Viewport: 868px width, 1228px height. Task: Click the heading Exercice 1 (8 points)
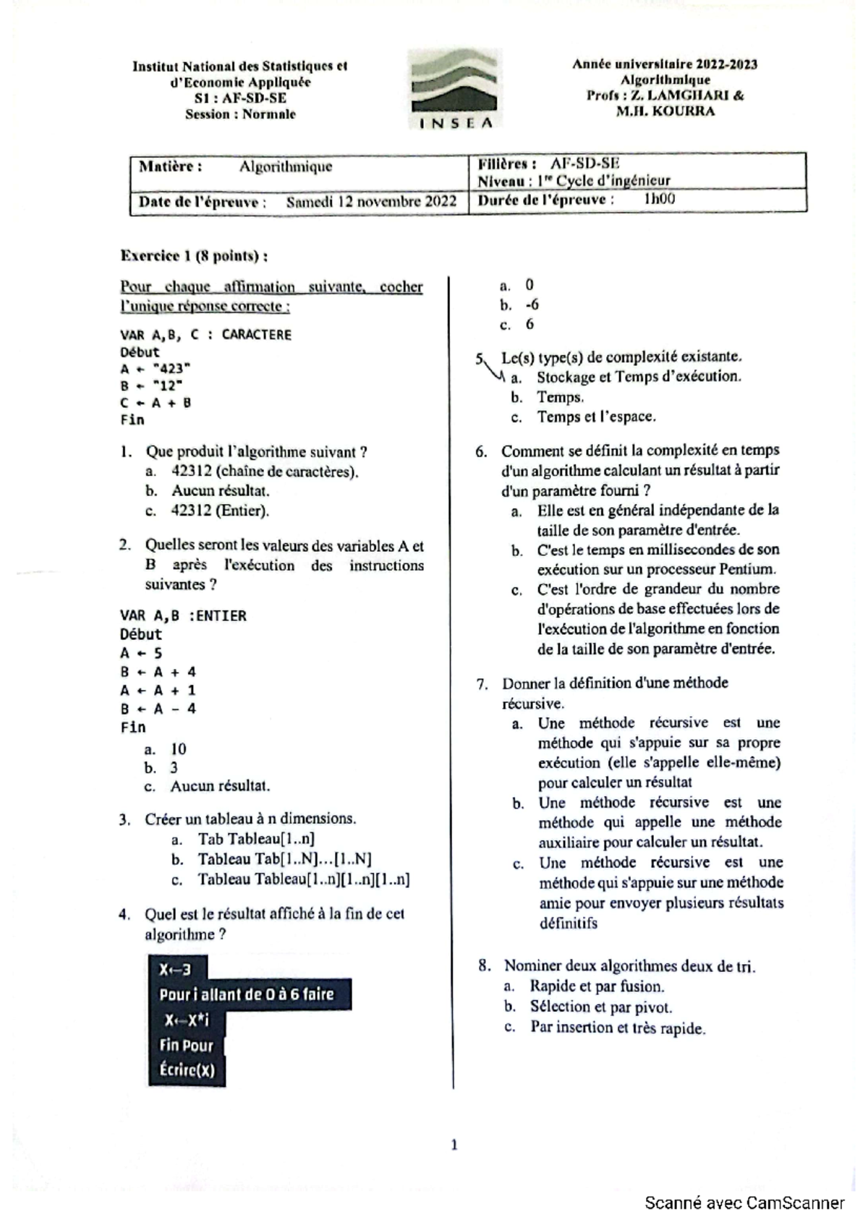click(194, 255)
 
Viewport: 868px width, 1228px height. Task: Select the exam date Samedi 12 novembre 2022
click(371, 202)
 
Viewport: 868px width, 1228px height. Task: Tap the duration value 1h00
click(659, 199)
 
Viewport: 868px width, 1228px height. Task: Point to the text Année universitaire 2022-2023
click(665, 64)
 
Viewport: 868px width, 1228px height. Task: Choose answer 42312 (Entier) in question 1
click(220, 511)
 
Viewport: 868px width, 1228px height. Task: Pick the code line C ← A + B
click(156, 403)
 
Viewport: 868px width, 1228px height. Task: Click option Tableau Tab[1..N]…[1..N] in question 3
click(284, 859)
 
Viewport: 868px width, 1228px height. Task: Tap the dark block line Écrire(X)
click(187, 1070)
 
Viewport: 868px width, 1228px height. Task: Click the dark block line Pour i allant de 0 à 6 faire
click(247, 994)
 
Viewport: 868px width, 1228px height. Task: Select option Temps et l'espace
click(596, 417)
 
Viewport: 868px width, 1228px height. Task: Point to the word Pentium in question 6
click(747, 569)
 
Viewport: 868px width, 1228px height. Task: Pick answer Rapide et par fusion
click(597, 986)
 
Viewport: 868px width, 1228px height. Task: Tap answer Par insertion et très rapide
click(617, 1028)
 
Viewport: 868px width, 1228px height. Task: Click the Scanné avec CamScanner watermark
click(744, 1203)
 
